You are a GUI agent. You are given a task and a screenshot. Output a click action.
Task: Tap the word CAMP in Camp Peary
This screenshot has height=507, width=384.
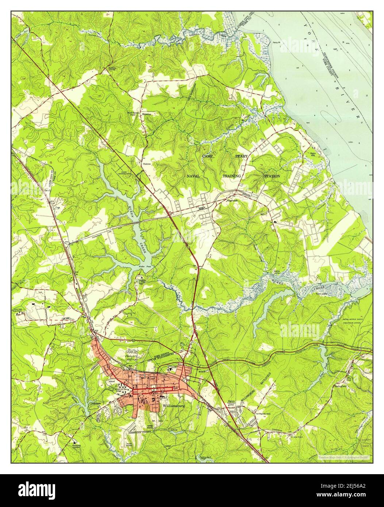(x=207, y=156)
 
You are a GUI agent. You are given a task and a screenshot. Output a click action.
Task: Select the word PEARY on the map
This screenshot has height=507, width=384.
(x=241, y=156)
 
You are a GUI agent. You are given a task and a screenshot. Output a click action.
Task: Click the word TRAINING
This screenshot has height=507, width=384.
(x=232, y=176)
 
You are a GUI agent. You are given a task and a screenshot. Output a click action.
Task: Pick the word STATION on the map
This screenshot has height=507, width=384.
(x=272, y=176)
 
